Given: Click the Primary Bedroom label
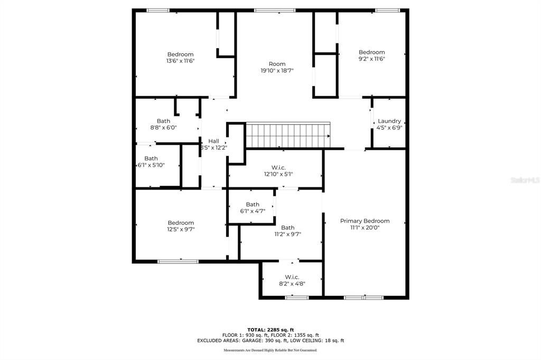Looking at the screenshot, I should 365,221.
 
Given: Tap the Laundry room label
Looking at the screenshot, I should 389,121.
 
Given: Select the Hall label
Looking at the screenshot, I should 213,141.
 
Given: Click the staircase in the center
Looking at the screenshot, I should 288,136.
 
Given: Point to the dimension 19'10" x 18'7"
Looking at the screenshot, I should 277,70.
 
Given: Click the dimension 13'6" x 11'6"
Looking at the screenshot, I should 180,61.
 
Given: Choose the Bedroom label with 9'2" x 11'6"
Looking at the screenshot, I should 371,52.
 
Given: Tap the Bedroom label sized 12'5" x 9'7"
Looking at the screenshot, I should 181,223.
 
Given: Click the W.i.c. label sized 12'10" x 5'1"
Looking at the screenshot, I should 278,167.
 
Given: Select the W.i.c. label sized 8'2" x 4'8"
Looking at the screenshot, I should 292,277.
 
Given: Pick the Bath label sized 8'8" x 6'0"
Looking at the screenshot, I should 163,121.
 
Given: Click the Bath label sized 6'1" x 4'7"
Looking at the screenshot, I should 253,204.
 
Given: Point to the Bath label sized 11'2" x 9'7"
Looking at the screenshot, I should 287,228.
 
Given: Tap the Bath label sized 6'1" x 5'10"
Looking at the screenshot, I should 151,158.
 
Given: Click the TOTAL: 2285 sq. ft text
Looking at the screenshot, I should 270,329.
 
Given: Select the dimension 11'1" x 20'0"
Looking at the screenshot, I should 365,228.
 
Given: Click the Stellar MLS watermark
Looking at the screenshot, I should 524,180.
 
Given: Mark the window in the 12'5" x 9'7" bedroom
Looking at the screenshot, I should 178,261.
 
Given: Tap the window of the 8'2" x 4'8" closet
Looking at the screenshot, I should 296,298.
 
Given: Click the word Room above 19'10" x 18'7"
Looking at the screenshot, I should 277,64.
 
